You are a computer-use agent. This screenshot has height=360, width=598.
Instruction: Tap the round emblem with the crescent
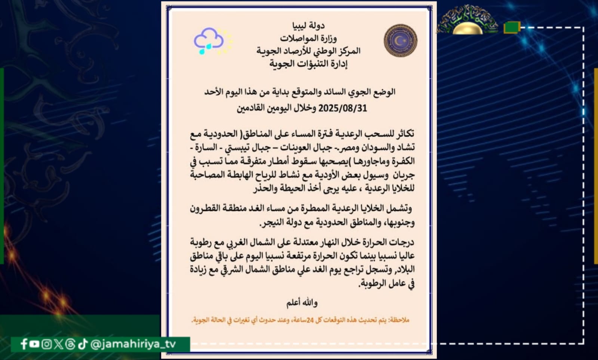point(400,40)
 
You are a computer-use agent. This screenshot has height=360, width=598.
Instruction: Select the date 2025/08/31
point(342,108)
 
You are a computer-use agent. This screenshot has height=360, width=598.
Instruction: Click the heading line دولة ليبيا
point(308,25)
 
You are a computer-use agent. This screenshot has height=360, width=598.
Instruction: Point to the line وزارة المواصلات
point(308,38)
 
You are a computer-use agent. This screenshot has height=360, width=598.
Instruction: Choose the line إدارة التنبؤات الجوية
point(308,64)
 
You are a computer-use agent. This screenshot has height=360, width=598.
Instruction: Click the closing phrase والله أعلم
point(302,302)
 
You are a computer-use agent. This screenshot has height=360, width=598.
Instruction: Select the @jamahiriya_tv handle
point(133,344)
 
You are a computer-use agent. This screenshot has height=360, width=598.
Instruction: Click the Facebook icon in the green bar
point(24,344)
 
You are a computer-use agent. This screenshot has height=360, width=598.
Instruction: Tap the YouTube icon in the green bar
point(34,344)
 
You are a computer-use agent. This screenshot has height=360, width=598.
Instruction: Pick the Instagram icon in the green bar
point(46,344)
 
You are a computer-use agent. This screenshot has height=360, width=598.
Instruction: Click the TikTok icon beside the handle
point(83,344)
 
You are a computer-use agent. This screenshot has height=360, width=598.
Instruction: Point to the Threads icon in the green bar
point(70,344)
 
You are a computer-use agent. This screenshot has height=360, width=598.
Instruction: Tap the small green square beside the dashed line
point(511,27)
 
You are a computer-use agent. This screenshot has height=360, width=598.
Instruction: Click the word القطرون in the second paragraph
point(206,208)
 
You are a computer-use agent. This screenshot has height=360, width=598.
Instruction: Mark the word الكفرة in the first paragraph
point(403,161)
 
